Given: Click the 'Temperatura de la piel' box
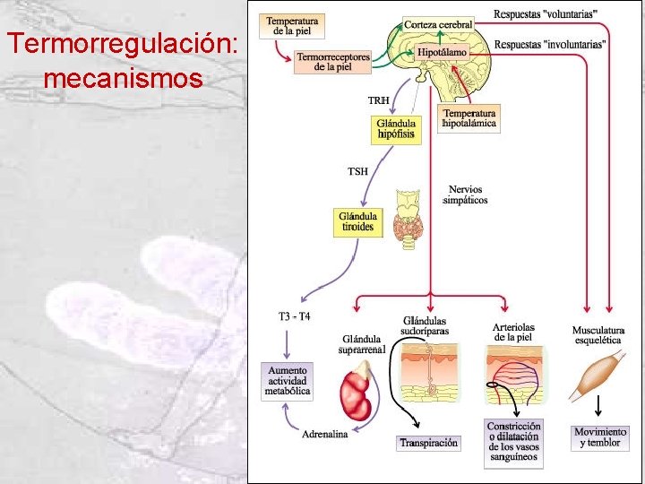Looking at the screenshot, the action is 292,25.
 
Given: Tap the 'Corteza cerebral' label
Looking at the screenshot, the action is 438,24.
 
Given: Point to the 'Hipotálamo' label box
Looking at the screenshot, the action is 442,54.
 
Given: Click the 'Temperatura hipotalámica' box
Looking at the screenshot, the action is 469,119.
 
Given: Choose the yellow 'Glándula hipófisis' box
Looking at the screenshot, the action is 395,129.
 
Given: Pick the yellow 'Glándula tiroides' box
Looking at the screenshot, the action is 357,222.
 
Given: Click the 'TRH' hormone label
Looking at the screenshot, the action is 380,99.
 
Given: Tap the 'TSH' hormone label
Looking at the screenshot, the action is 357,170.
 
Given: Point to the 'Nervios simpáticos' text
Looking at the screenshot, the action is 465,194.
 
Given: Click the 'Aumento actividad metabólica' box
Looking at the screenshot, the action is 288,380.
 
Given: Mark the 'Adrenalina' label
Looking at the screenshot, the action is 324,435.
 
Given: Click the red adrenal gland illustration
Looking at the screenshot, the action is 357,395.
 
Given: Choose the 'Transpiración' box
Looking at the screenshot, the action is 428,443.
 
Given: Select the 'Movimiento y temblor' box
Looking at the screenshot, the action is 600,437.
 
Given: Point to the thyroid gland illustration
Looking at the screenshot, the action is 413,215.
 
